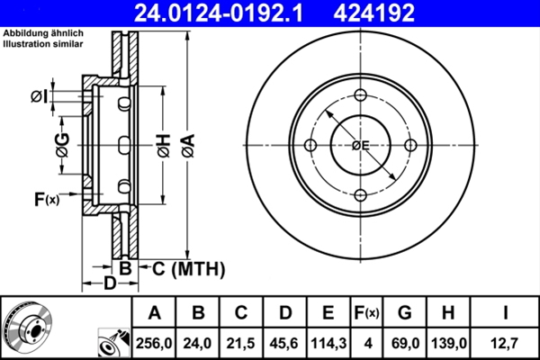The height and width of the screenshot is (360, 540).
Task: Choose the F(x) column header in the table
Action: click(x=366, y=313)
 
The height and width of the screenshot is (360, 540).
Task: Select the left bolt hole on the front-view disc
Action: click(x=311, y=146)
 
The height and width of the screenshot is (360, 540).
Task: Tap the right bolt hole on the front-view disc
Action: click(x=410, y=146)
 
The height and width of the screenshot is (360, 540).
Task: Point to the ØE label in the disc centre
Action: click(x=361, y=146)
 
